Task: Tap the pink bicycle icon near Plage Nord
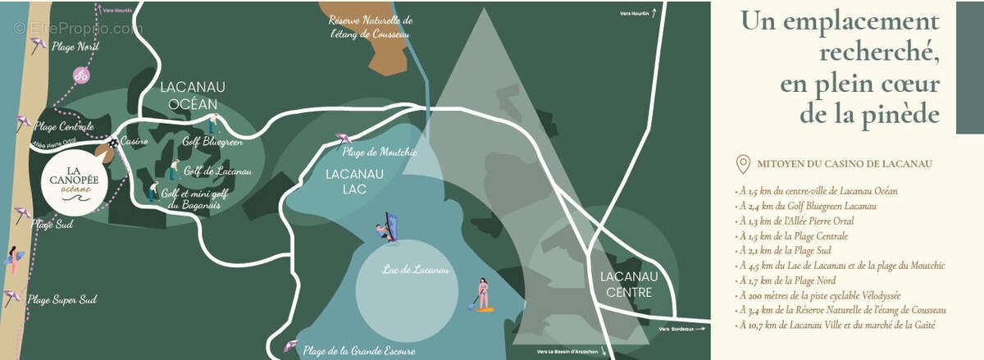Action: tap(81, 75)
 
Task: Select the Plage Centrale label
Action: tap(65, 127)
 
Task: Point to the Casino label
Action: tap(134, 142)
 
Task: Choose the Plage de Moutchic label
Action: tap(380, 152)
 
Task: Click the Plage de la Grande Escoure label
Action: tap(358, 350)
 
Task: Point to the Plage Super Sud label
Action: tap(62, 300)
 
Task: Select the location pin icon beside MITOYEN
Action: tap(744, 164)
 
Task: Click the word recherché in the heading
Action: tap(878, 52)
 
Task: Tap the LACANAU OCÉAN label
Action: tap(193, 95)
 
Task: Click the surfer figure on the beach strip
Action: tap(14, 259)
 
